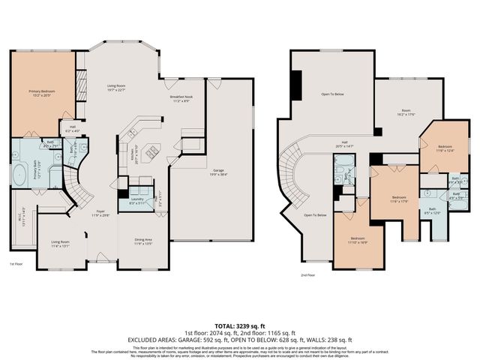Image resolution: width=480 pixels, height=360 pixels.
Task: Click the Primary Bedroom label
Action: (x=42, y=92)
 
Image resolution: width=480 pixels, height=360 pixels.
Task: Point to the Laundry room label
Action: (x=137, y=201)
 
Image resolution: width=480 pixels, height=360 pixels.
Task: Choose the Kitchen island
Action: (x=151, y=152)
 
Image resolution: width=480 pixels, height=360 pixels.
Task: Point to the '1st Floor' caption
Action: (x=16, y=264)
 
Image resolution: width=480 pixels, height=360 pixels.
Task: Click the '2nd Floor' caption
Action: (x=307, y=274)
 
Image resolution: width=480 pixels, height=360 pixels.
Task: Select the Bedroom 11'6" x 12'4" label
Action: (x=445, y=148)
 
